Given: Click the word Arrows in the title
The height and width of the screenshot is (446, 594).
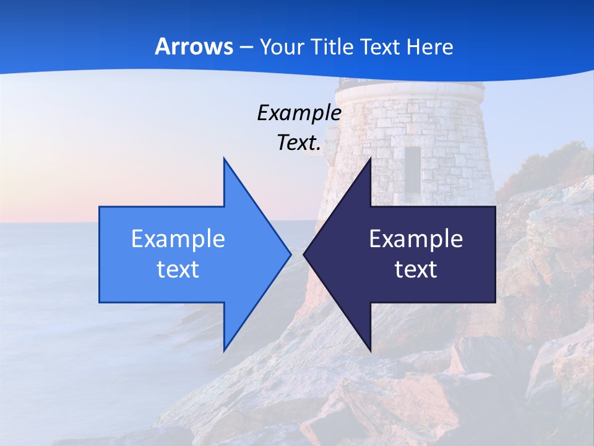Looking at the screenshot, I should coord(194,46).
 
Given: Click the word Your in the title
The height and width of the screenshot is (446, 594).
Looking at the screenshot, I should coord(280,46).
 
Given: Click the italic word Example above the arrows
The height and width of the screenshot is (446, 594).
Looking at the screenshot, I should coord(299,113).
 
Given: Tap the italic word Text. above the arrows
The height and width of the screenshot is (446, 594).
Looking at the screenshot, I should coord(299,143).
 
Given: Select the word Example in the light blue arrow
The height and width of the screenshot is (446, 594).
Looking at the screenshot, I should coord(178,238).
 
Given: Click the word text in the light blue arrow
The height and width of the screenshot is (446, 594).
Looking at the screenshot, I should coord(178,269).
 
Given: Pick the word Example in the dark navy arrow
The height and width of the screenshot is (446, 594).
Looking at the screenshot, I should coord(416,238).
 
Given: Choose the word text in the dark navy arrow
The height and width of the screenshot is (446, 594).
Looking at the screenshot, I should coord(416,269).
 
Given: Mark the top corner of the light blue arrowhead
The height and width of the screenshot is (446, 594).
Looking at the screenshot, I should coord(224,159).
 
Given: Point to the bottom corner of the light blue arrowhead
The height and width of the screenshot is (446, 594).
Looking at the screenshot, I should coord(224,349).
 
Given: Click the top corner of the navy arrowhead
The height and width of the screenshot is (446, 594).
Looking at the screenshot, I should coord(370,159).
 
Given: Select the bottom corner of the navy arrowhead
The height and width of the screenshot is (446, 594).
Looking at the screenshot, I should coord(370,349).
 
